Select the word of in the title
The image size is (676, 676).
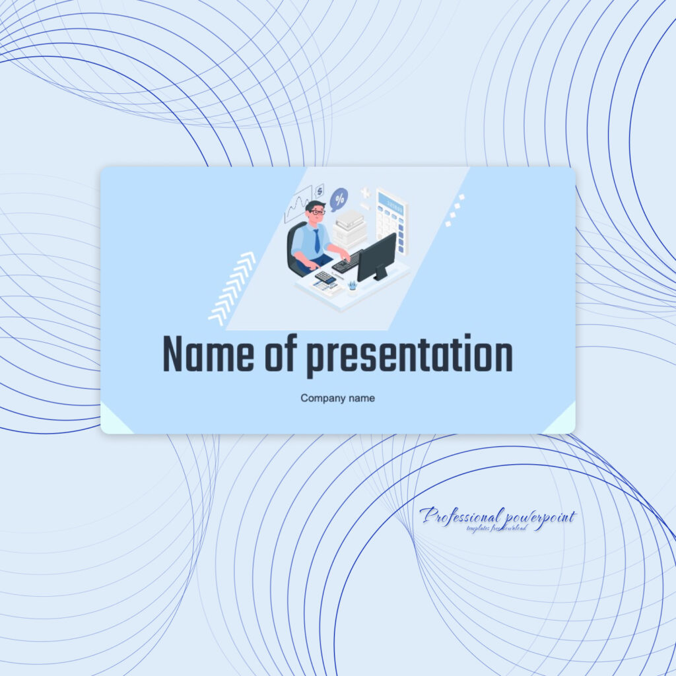point(281,355)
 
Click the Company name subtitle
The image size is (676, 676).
point(337,398)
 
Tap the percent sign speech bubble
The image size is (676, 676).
point(339,197)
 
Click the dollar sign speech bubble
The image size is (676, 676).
point(320,191)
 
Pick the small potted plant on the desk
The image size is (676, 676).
point(353,285)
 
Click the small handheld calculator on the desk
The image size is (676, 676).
point(325,277)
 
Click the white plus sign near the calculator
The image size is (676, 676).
point(364,193)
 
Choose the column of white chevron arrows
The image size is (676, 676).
point(232,288)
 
